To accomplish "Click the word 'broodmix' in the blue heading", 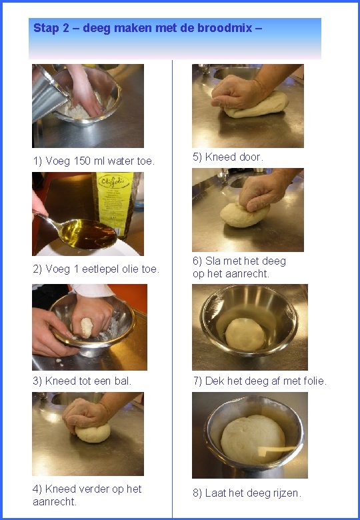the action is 225,28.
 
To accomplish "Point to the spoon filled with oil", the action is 79,232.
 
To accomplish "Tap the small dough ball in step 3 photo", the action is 87,327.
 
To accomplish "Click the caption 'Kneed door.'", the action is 228,157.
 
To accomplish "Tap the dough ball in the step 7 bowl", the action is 245,334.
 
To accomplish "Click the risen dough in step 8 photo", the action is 253,439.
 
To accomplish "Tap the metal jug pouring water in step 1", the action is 50,93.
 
